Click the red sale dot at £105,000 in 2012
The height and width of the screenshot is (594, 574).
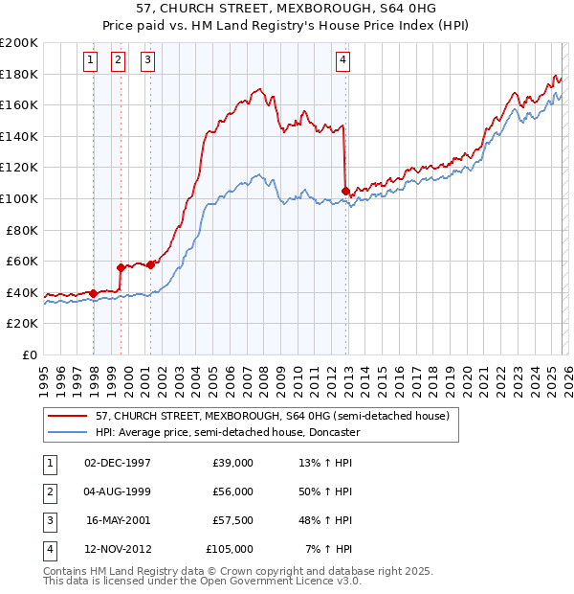point(345,192)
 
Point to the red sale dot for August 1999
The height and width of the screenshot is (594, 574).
point(121,268)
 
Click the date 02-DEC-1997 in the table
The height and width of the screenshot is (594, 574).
point(118,463)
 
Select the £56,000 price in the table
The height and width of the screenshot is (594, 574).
point(233,491)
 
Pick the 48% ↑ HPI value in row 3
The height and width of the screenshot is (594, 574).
point(325,520)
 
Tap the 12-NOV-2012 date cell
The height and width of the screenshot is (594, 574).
point(118,549)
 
